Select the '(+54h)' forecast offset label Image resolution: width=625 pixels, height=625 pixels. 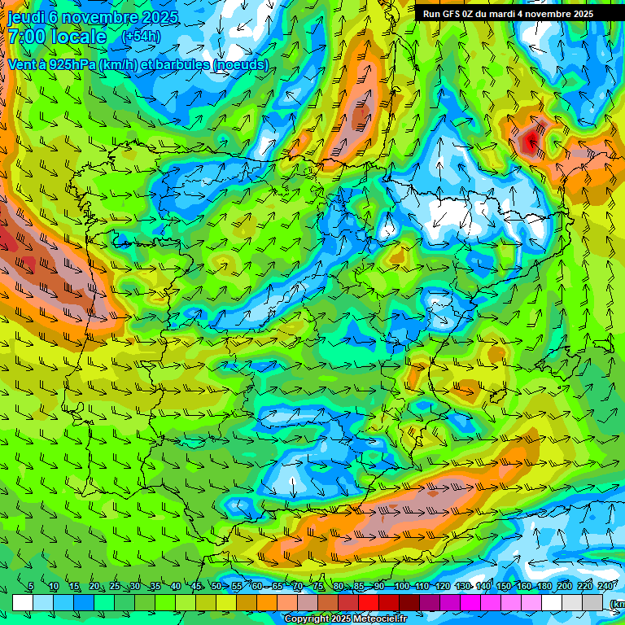141,37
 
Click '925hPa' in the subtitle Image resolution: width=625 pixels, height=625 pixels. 71,64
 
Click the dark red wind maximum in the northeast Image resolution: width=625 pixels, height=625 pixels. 531,142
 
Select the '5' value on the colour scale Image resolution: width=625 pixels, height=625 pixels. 31,587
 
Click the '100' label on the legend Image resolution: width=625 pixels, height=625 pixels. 401,587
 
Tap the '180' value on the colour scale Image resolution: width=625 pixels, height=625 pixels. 544,587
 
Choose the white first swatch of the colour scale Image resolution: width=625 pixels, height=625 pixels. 23,602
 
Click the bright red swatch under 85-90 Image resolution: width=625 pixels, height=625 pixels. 369,602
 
